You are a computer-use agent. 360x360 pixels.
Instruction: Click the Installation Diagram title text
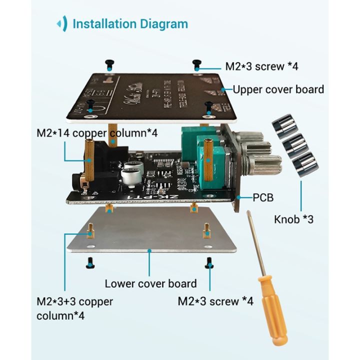coord(130,23)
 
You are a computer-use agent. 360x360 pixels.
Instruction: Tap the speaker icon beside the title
coord(62,23)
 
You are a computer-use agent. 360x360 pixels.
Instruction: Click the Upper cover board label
coord(278,89)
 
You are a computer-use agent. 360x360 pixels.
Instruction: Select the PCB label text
coord(263,198)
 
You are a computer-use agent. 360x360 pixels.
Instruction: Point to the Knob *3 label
coord(293,219)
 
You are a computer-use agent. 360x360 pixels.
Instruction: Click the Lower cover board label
coord(150,283)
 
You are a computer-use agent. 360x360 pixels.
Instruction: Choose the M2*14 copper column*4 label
coord(97,133)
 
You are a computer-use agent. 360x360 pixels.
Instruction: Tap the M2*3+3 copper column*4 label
coord(74,308)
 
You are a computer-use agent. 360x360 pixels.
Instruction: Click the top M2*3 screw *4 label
coord(261,66)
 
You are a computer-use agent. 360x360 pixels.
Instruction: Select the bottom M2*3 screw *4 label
coord(215,301)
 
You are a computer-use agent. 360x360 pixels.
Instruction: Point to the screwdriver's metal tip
coord(248,214)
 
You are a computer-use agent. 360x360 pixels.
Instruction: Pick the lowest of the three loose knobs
coord(305,163)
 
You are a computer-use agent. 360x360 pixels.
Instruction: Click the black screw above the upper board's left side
coord(109,63)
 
